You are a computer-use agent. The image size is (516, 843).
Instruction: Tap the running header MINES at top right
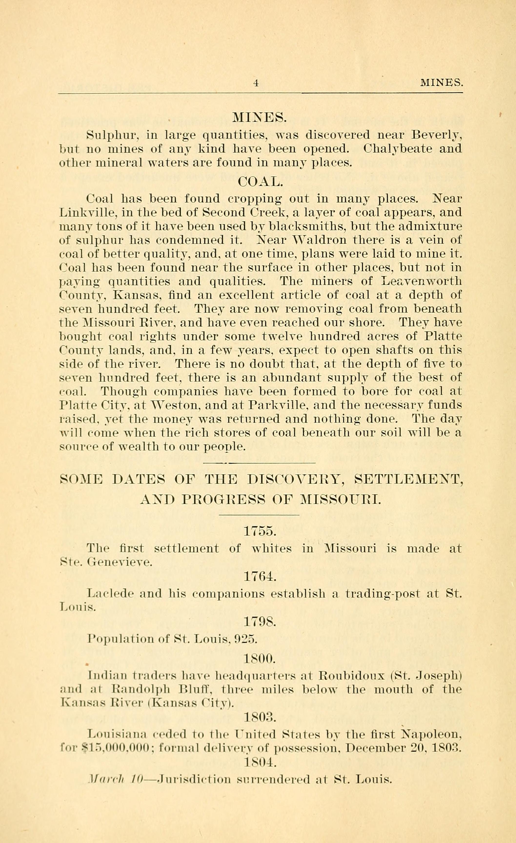click(x=441, y=83)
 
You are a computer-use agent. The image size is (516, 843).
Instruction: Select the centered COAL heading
click(x=260, y=181)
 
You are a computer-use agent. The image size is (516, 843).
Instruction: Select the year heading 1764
click(x=260, y=577)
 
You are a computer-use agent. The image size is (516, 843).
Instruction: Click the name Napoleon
click(x=432, y=734)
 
